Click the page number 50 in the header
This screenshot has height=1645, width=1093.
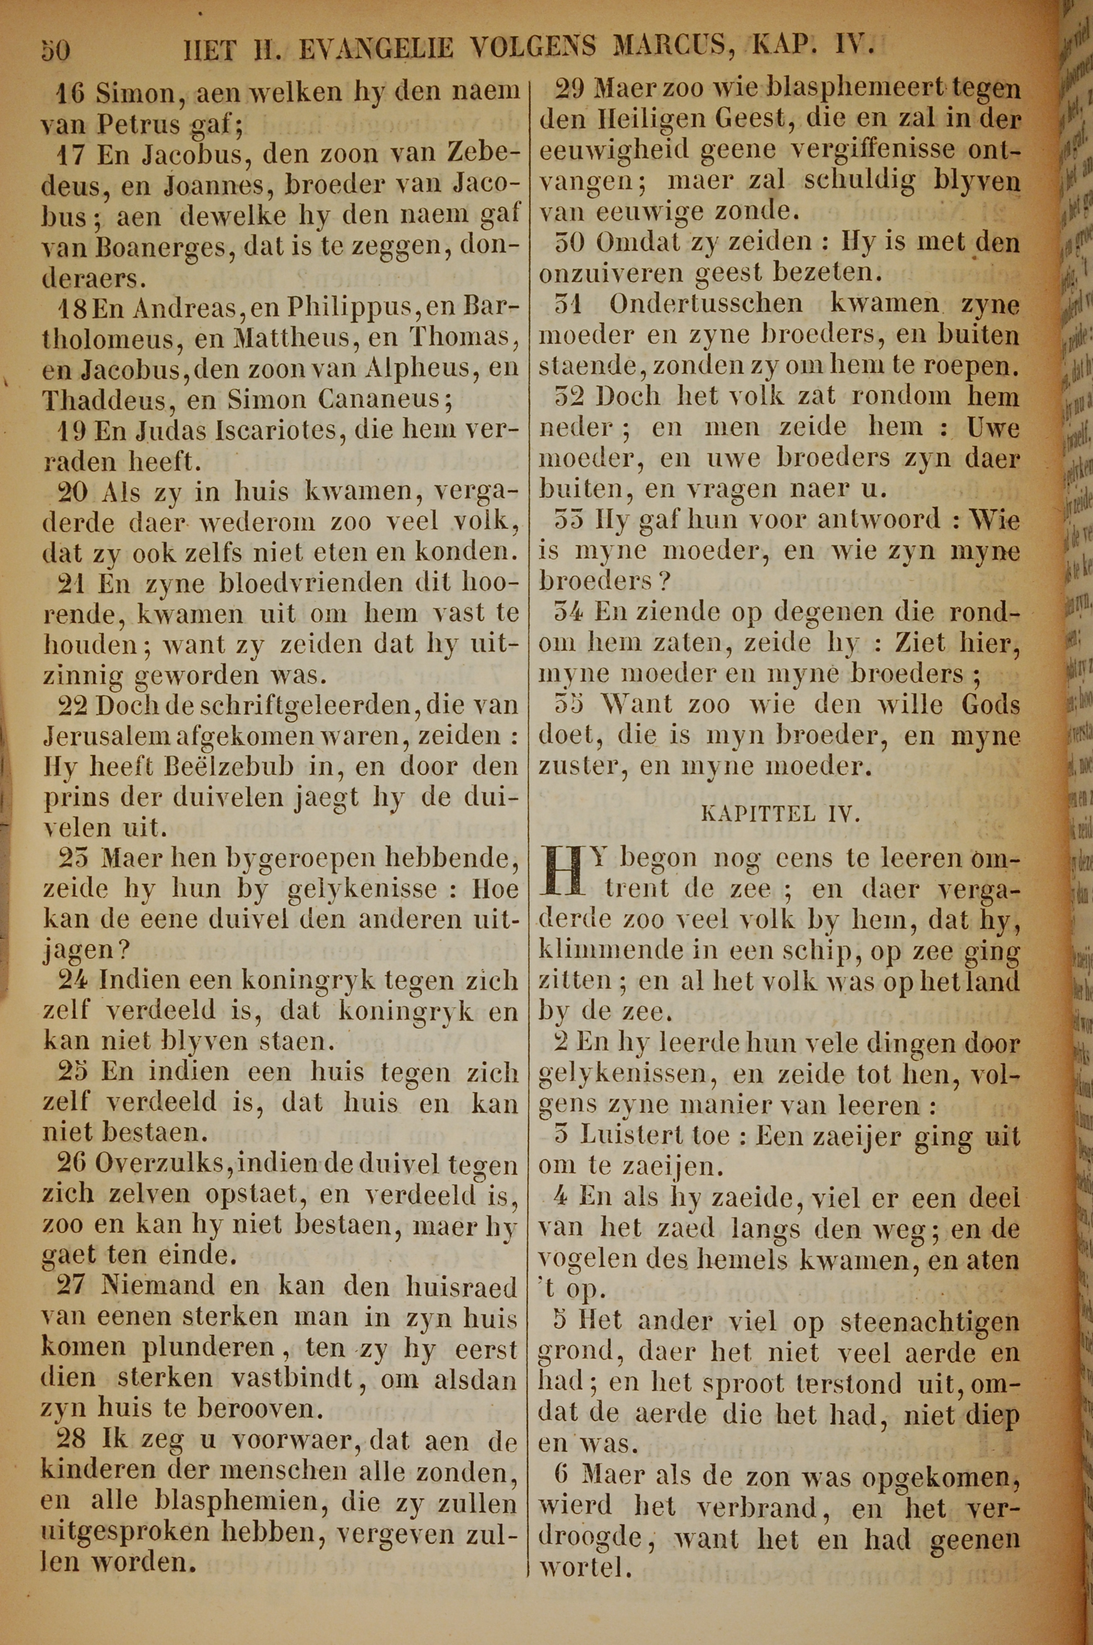tap(55, 51)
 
